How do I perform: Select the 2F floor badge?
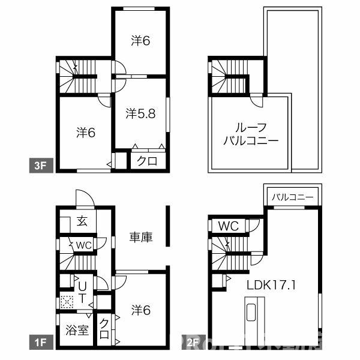tap(192, 343)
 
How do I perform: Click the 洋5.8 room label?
tap(141, 113)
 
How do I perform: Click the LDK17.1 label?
tap(271, 286)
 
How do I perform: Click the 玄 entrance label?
tap(81, 221)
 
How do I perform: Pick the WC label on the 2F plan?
tap(229, 226)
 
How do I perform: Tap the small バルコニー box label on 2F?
tap(292, 196)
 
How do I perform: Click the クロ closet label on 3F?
tap(148, 161)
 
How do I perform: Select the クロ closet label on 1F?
tap(104, 329)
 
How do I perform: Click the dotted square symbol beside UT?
tap(65, 302)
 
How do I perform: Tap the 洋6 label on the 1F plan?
tap(140, 310)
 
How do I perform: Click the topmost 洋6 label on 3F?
tap(140, 41)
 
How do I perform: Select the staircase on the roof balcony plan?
tap(228, 77)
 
